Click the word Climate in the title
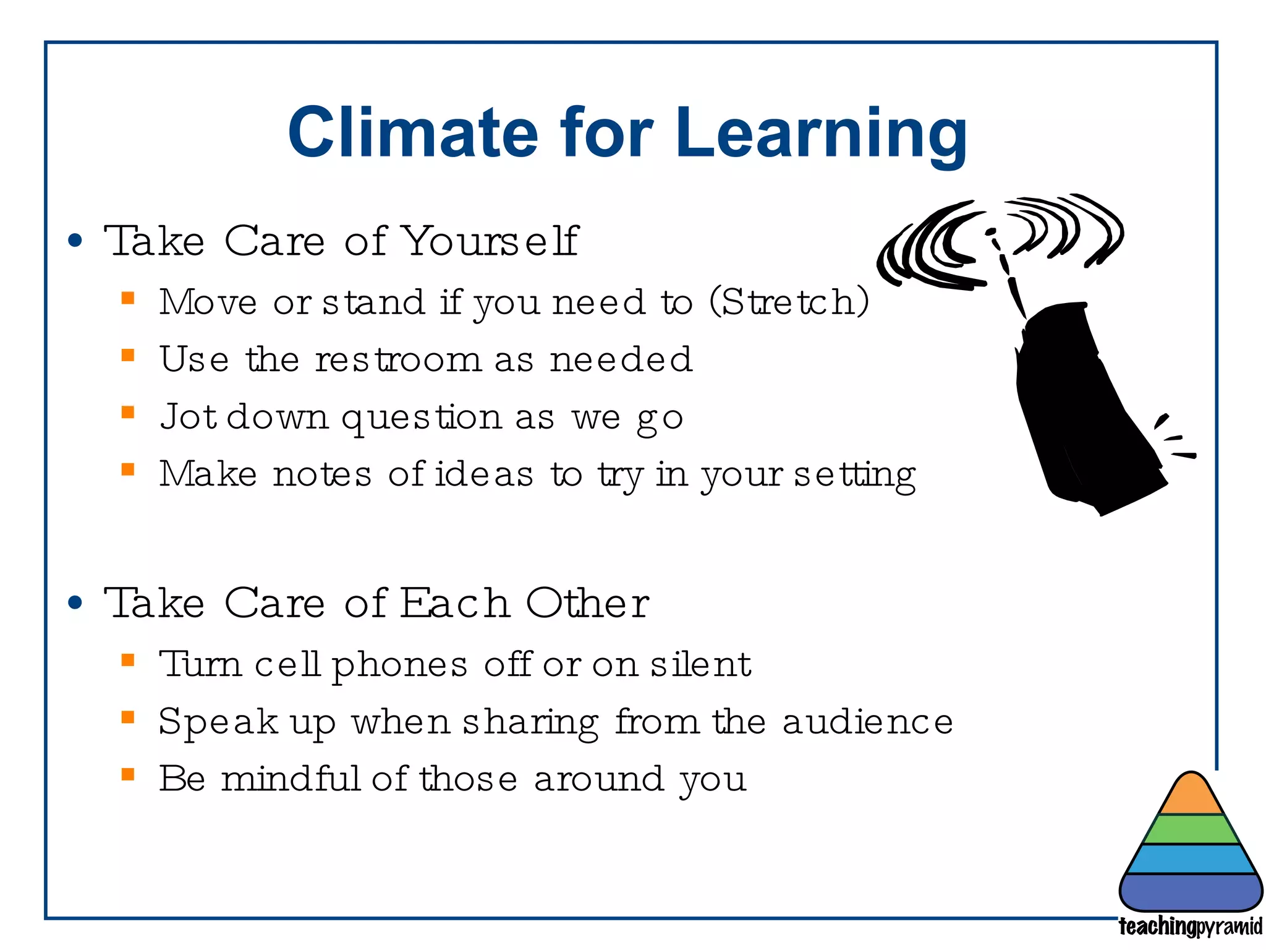point(413,132)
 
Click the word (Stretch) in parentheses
point(789,302)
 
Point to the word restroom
point(397,359)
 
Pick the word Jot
point(188,416)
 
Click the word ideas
point(484,474)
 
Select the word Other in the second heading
point(587,603)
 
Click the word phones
point(399,665)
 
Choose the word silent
point(700,664)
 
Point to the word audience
point(867,722)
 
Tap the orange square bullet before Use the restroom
point(128,355)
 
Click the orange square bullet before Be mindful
point(128,774)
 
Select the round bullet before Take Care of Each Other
point(75,603)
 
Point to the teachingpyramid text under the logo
point(1191,926)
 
